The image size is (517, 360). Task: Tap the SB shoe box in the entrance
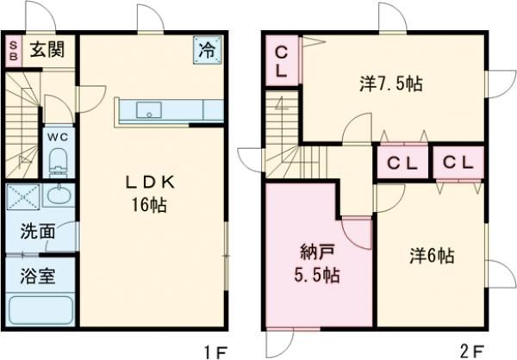click(14, 49)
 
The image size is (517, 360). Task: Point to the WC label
click(57, 136)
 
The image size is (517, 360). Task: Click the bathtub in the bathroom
click(41, 309)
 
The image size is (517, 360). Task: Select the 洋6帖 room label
click(432, 255)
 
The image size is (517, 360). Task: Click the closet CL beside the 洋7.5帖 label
click(282, 61)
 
